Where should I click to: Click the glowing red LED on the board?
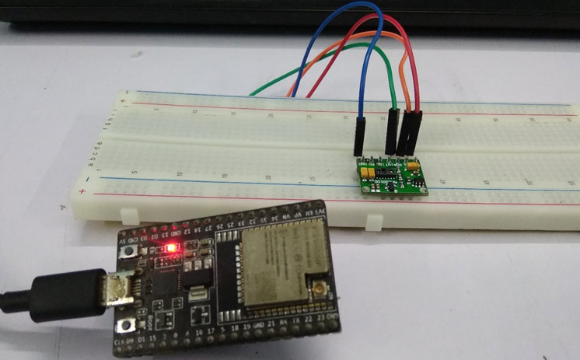172,249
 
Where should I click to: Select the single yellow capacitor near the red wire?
415,166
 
